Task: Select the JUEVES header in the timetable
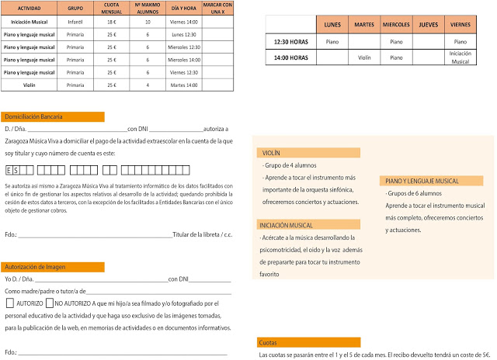point(429,24)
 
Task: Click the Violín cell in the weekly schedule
point(364,57)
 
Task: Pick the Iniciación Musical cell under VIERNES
point(461,57)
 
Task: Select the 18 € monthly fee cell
point(111,22)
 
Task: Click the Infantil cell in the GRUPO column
point(76,22)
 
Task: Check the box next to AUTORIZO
point(10,303)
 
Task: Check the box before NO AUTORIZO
point(50,303)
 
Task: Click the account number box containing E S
point(15,169)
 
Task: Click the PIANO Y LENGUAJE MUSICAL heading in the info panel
point(422,181)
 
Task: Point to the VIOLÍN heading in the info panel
point(272,154)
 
